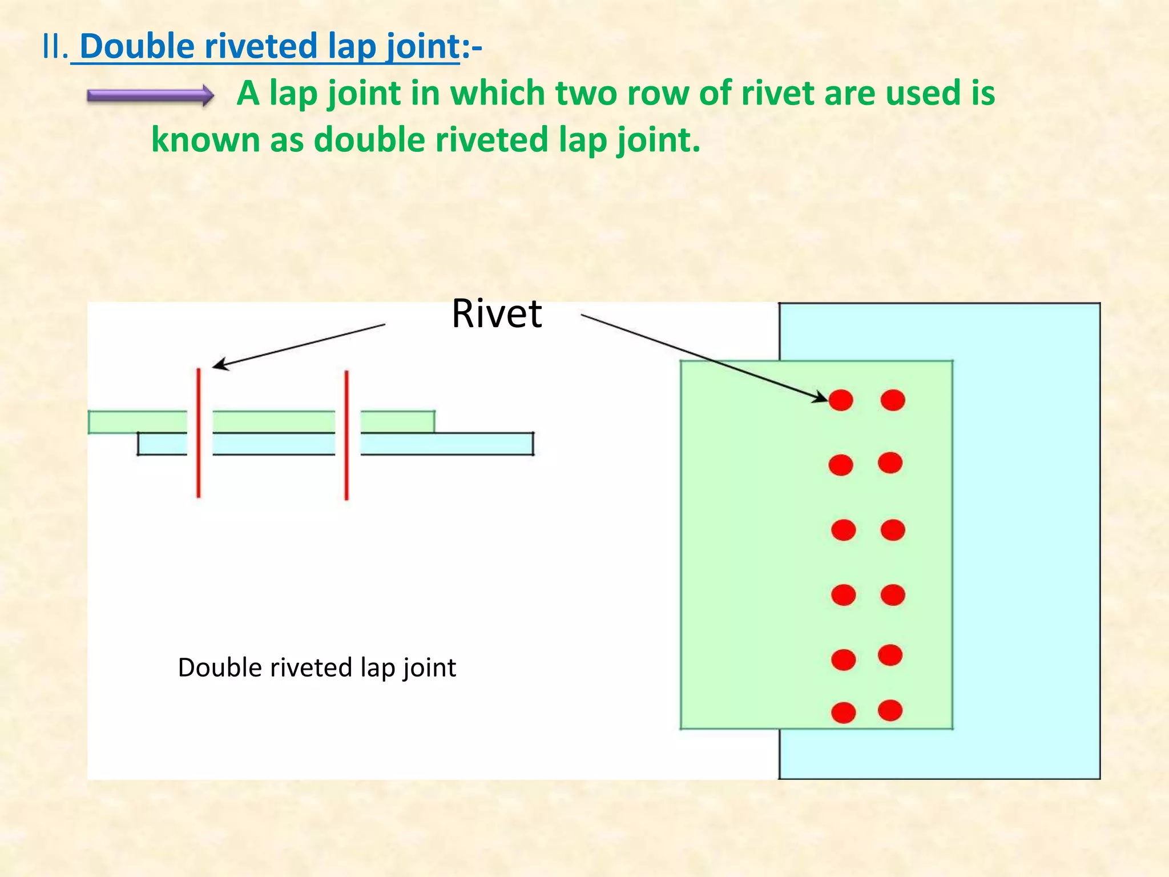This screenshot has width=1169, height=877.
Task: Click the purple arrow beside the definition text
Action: coord(150,95)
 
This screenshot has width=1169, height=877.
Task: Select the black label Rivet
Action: coord(497,314)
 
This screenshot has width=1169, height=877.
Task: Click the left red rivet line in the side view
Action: coord(199,433)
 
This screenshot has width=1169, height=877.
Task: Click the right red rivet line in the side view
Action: coord(346,435)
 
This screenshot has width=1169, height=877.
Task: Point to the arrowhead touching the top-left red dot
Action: coord(821,397)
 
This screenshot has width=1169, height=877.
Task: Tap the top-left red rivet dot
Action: coord(841,400)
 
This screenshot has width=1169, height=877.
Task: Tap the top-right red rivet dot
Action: coord(893,400)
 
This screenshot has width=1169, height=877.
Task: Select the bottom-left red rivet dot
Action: coord(844,713)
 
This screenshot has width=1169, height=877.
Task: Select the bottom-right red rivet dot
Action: coord(890,710)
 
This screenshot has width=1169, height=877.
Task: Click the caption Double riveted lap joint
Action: coord(317,667)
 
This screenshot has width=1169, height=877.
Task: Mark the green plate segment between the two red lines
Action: coord(273,422)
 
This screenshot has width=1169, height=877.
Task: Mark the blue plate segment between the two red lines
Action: coord(273,444)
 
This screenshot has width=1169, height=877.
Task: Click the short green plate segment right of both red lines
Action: coord(397,422)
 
